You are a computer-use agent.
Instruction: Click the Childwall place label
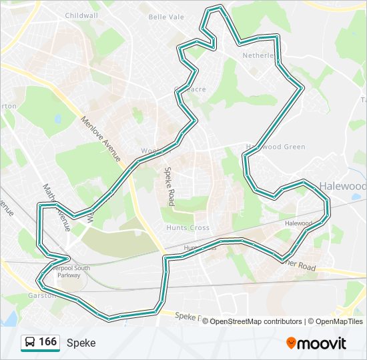(x=82, y=15)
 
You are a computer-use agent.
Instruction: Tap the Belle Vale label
(x=166, y=17)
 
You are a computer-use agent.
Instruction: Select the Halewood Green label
(x=276, y=147)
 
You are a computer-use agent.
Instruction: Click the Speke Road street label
(x=170, y=185)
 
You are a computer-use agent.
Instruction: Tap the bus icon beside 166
(x=30, y=343)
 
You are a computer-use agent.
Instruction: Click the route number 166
(x=47, y=342)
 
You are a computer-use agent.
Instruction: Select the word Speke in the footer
(x=81, y=343)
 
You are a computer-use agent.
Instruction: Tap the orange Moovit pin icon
(x=292, y=343)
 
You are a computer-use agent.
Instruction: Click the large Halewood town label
(x=342, y=186)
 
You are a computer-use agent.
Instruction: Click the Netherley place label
(x=260, y=55)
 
